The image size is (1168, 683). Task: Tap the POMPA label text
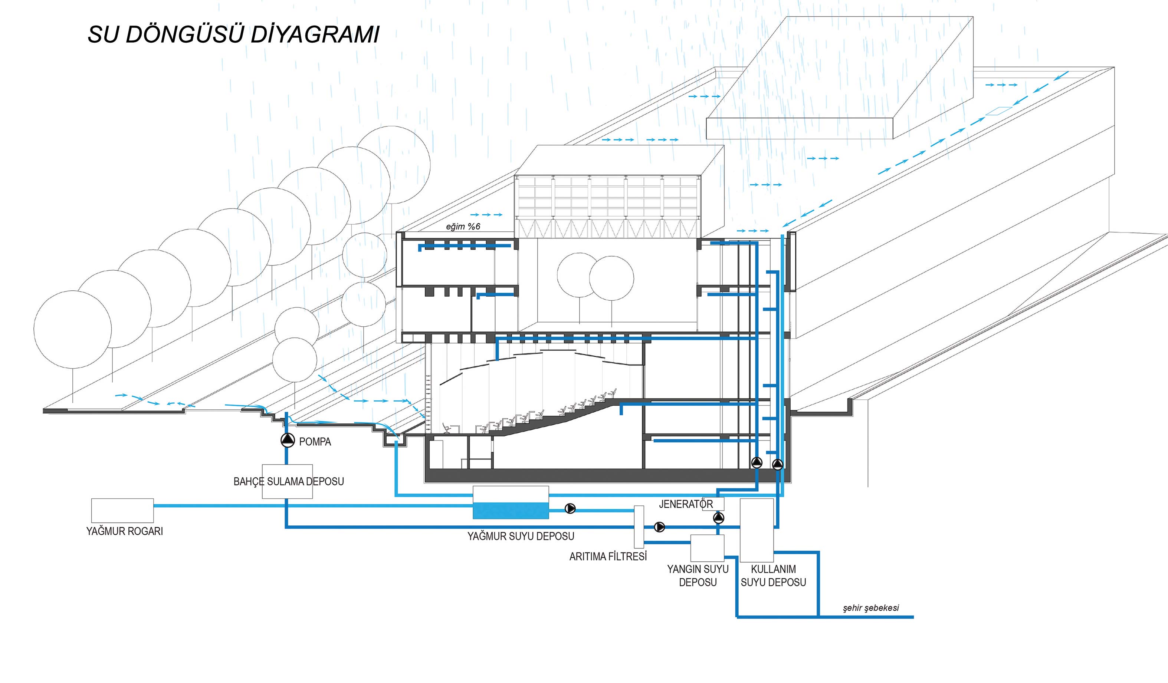[x=315, y=442]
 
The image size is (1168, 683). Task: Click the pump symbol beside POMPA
[x=288, y=440]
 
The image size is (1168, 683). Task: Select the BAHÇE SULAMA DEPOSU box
[x=288, y=482]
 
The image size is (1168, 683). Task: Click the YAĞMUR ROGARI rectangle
[x=122, y=510]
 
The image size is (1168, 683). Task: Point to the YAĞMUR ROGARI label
[x=125, y=531]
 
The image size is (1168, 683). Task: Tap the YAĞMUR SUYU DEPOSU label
[x=521, y=536]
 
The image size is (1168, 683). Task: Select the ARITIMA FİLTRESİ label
[x=608, y=557]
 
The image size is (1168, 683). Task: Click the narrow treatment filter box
[x=639, y=527]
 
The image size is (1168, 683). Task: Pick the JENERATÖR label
[x=686, y=504]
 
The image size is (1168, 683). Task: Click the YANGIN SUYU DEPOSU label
[x=698, y=575]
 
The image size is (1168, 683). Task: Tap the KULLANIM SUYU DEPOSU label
[x=773, y=575]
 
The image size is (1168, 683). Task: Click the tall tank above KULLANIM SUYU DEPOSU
[x=757, y=530]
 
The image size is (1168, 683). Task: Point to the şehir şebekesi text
[x=871, y=608]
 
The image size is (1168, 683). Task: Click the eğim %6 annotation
[x=463, y=227]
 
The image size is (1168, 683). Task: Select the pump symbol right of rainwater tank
[x=570, y=508]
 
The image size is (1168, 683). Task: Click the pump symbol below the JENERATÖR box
[x=718, y=517]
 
